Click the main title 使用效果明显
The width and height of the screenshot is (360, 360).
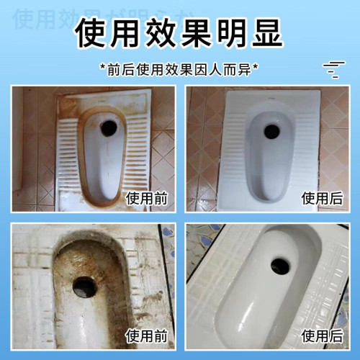179,32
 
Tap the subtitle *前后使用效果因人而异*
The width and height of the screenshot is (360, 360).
180,70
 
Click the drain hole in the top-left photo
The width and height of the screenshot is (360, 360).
109,127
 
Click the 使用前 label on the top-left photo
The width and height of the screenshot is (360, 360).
146,197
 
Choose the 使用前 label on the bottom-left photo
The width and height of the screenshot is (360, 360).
146,335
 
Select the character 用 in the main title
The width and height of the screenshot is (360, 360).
128,32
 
